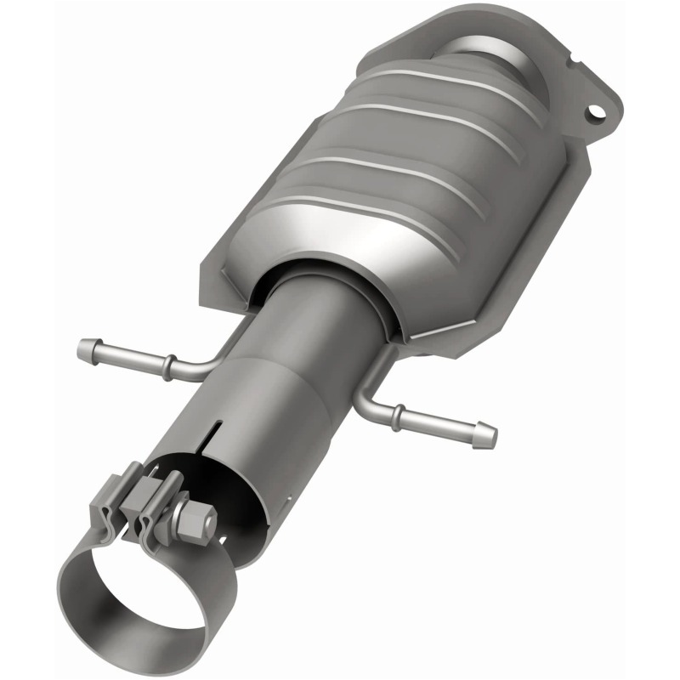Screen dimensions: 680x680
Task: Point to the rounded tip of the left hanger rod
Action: pyautogui.click(x=85, y=348)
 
